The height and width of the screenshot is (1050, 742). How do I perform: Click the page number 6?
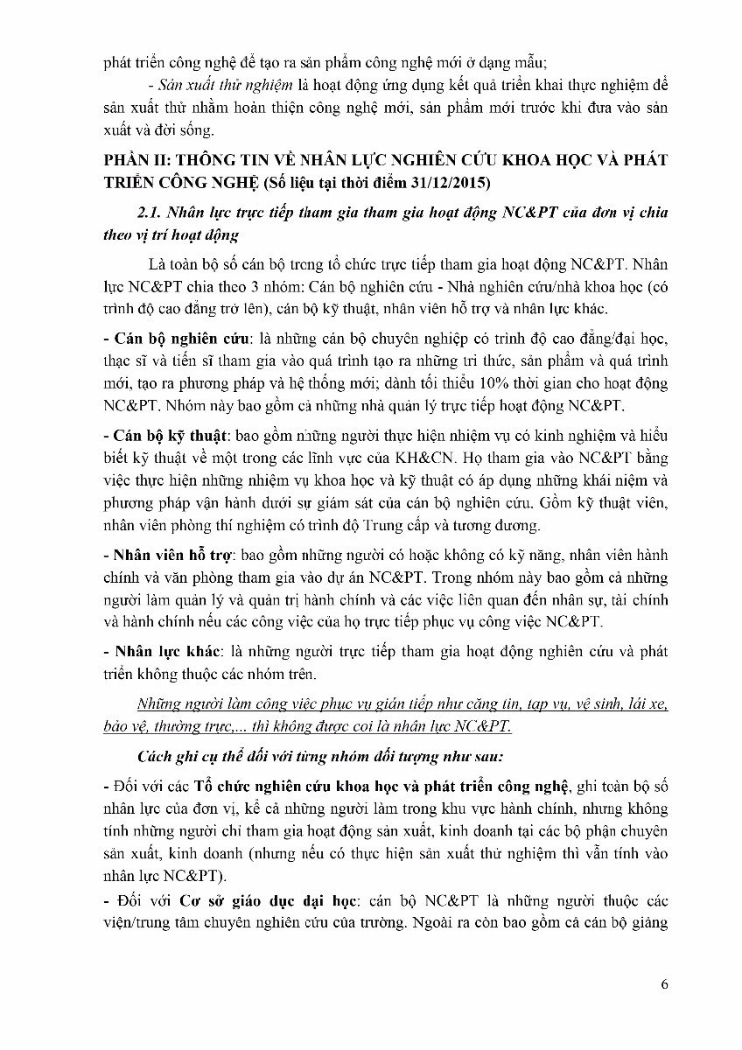pos(665,985)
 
